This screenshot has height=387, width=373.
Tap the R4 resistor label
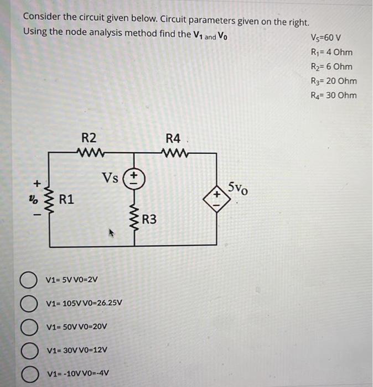pyautogui.click(x=173, y=138)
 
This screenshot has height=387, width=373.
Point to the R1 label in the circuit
pyautogui.click(x=67, y=197)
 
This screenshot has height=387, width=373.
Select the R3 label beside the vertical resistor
pyautogui.click(x=149, y=219)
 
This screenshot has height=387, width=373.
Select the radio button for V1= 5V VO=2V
pyautogui.click(x=30, y=279)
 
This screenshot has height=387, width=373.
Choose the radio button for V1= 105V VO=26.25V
pyautogui.click(x=30, y=304)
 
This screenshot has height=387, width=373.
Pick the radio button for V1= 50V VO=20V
pyautogui.click(x=30, y=327)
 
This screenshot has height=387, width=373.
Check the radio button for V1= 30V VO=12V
pyautogui.click(x=30, y=351)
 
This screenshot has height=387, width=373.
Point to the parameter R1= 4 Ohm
pyautogui.click(x=332, y=53)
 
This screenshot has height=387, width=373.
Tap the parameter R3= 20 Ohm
pyautogui.click(x=334, y=81)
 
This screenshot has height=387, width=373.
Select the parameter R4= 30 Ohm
pyautogui.click(x=334, y=95)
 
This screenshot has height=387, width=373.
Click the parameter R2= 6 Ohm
pyautogui.click(x=332, y=67)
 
